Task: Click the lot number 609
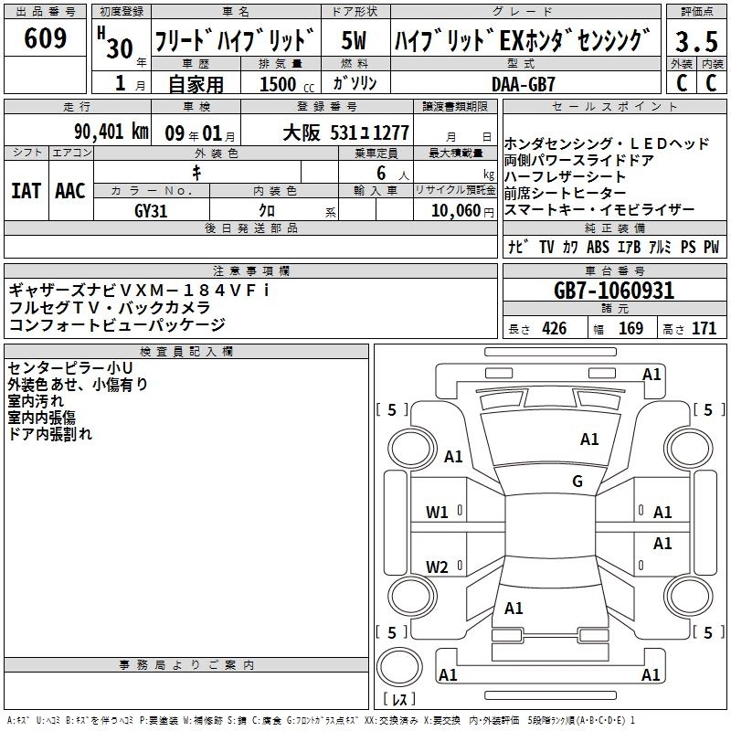pos(45,37)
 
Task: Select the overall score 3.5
pos(696,41)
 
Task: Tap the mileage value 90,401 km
pos(111,132)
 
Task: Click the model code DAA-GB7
pos(524,84)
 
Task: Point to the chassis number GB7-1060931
pos(614,291)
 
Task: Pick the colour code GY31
pos(151,211)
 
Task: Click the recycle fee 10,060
pos(456,211)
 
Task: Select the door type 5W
pos(355,40)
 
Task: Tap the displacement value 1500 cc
pos(287,84)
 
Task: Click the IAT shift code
pos(26,191)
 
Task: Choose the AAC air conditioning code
pos(70,191)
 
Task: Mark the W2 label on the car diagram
pos(437,567)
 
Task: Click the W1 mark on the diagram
pos(437,513)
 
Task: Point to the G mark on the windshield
pos(577,481)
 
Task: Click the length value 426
pos(555,329)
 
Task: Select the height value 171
pos(704,329)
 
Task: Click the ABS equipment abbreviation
pos(599,247)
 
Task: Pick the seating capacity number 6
pos(381,173)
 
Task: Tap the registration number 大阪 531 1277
pos(346,133)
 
